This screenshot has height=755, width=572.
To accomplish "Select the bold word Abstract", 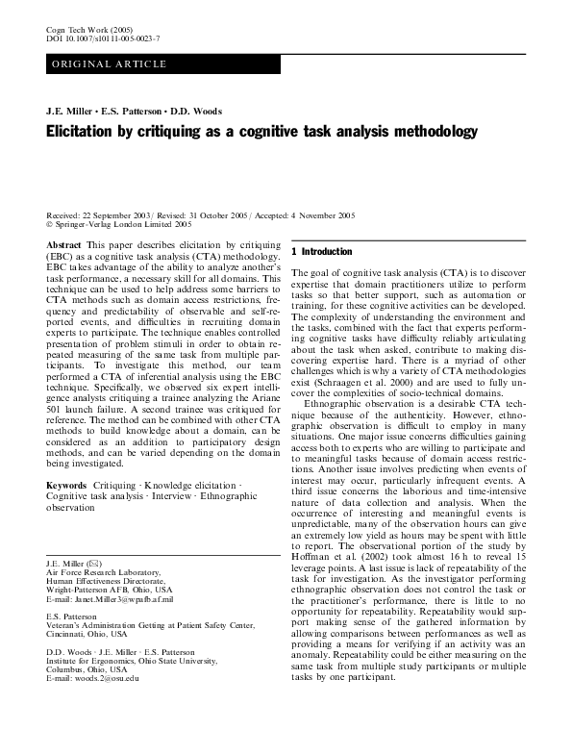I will pos(64,246).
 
